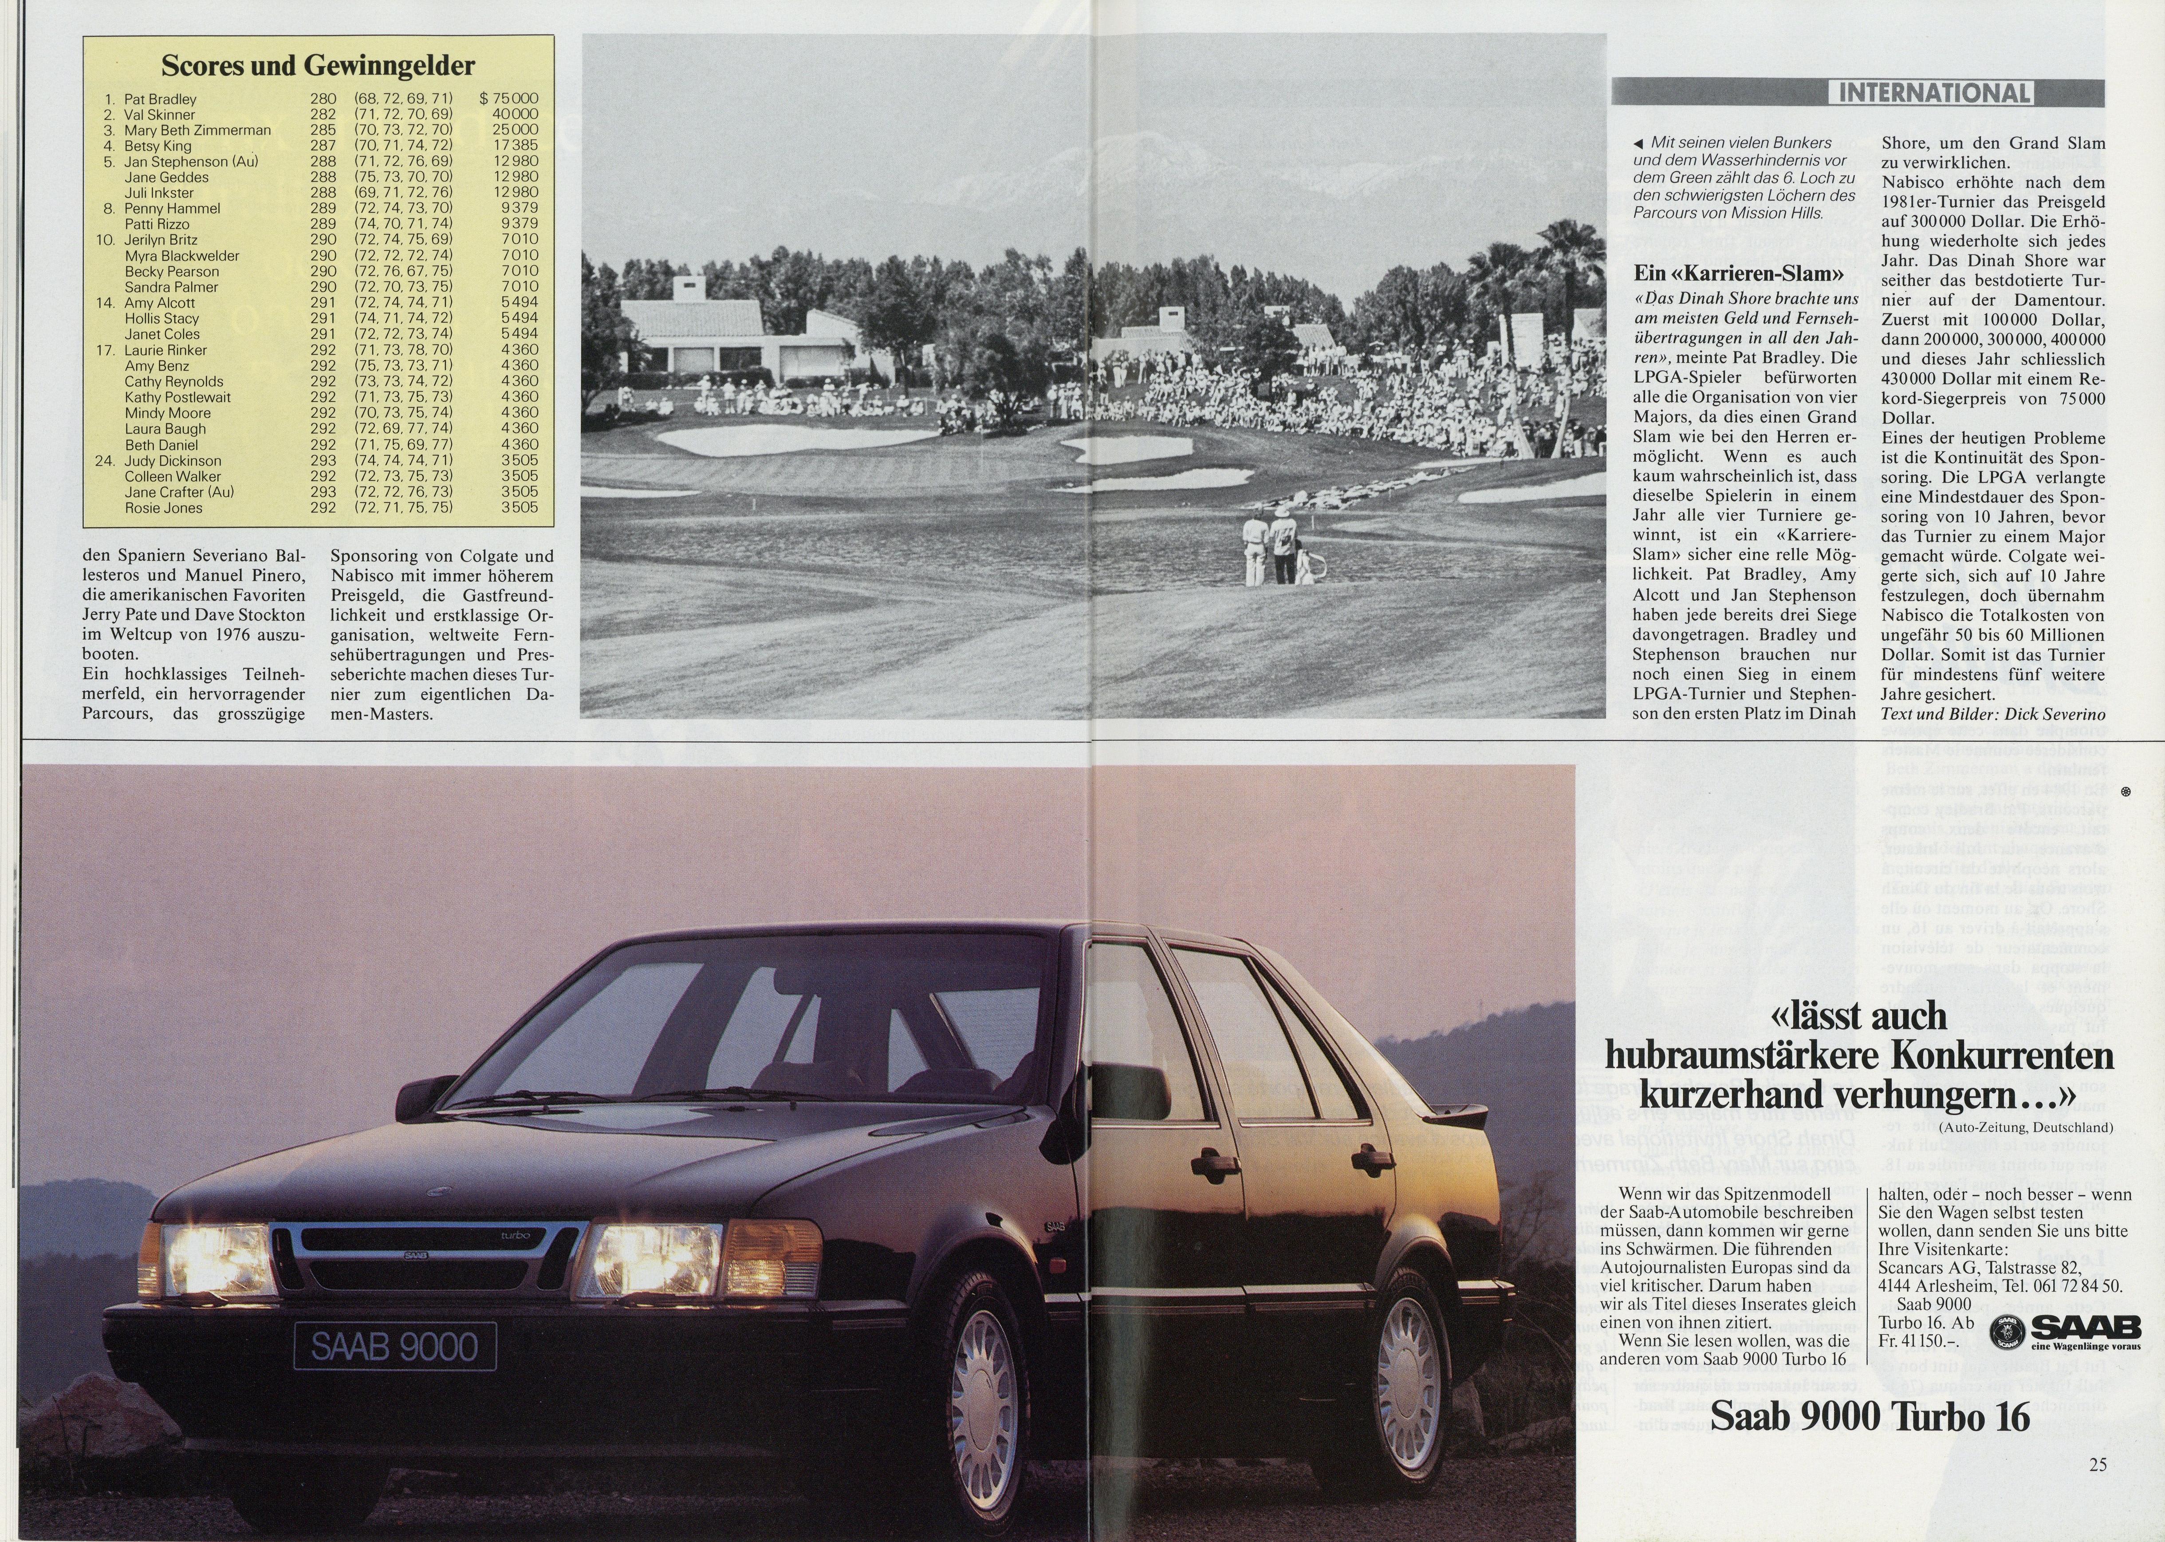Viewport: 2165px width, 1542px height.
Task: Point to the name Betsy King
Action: pos(157,146)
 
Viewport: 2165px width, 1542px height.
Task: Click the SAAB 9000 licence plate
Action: pos(395,1346)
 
